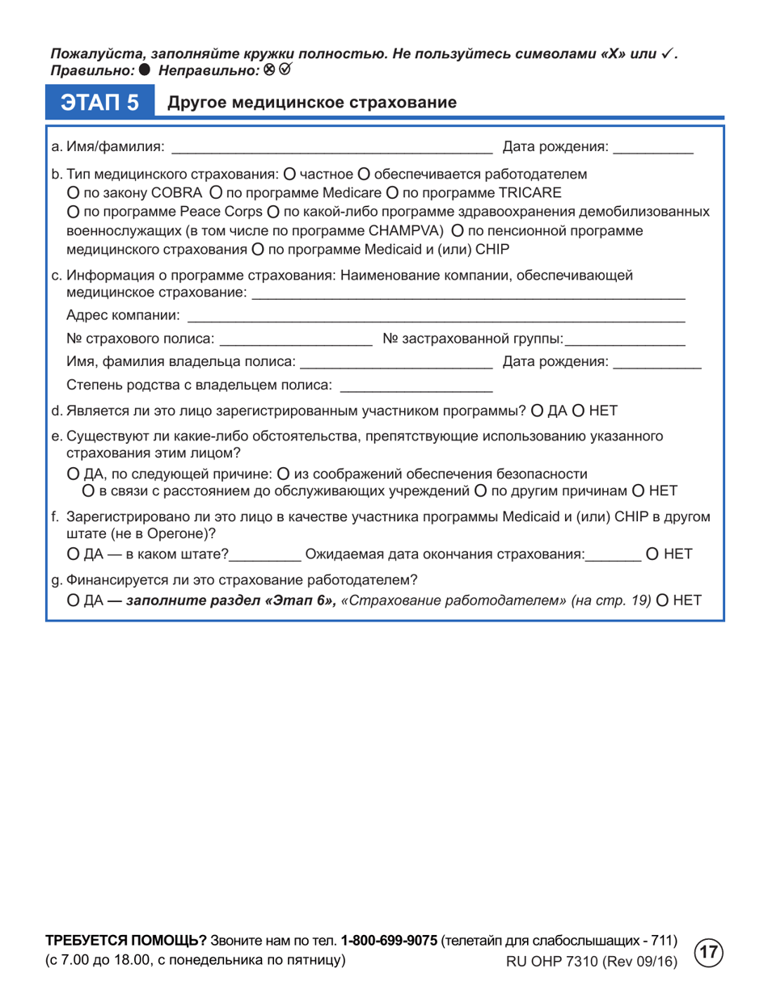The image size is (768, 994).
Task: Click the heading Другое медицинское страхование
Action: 311,103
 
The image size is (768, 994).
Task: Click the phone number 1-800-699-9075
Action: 390,941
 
